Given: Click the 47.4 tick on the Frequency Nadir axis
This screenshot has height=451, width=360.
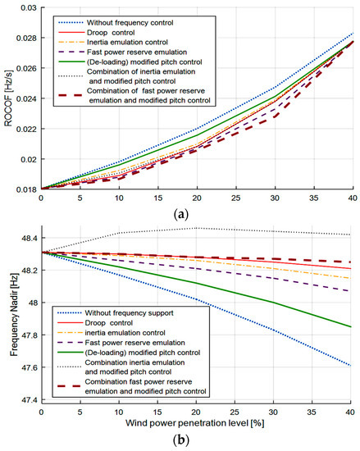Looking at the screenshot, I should tap(25, 399).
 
